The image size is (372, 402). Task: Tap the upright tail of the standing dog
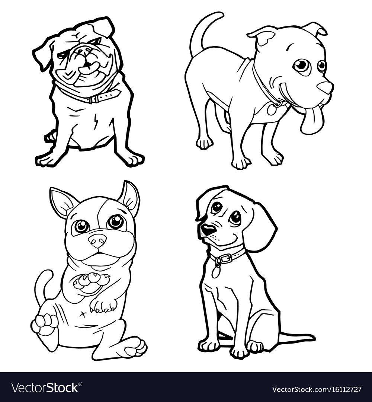tap(203, 31)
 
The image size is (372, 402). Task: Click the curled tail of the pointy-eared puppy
tap(43, 284)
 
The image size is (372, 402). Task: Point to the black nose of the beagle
tap(208, 229)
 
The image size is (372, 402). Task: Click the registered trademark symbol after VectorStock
tap(80, 384)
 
